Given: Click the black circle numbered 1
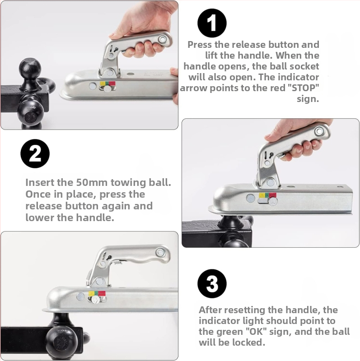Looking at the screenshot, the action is [212, 23].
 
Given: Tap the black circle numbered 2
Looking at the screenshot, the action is [35, 153].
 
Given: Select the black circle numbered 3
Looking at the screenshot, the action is [212, 284].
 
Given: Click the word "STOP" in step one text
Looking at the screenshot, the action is [304, 88].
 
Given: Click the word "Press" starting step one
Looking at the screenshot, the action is [200, 44].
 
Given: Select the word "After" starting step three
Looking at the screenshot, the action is [210, 310].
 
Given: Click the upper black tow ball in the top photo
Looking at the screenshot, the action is [30, 69].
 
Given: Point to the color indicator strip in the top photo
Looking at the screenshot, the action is [108, 83].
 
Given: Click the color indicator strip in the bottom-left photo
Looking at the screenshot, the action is [97, 294].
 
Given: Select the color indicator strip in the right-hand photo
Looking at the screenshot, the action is [267, 195].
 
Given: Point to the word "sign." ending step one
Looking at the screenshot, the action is [308, 99].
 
